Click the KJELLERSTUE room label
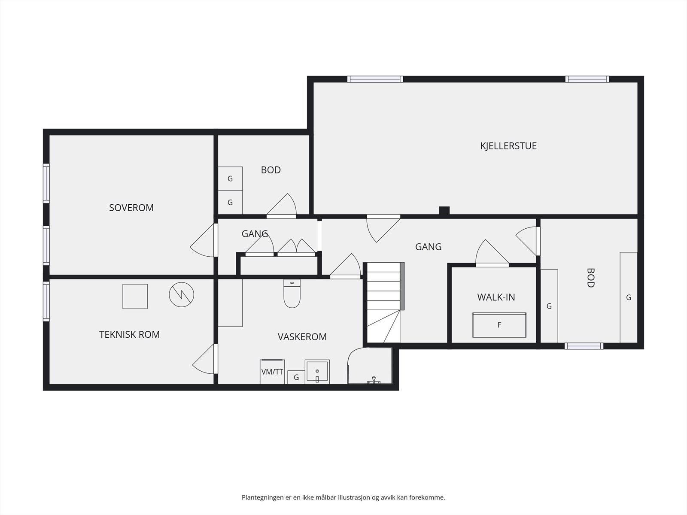point(508,146)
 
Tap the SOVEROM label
point(131,208)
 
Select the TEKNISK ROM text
point(129,335)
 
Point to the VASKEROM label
point(302,337)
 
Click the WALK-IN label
point(496,297)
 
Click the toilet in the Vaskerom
point(292,294)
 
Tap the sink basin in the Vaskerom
point(317,372)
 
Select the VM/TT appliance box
point(272,372)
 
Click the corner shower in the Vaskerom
point(370,366)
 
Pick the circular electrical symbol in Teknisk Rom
point(182,294)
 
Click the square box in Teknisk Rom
point(135,297)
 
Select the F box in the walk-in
point(499,325)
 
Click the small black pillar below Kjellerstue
point(444,210)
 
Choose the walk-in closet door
point(492,253)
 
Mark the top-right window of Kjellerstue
point(587,79)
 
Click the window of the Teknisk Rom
point(46,301)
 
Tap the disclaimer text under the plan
point(343,497)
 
